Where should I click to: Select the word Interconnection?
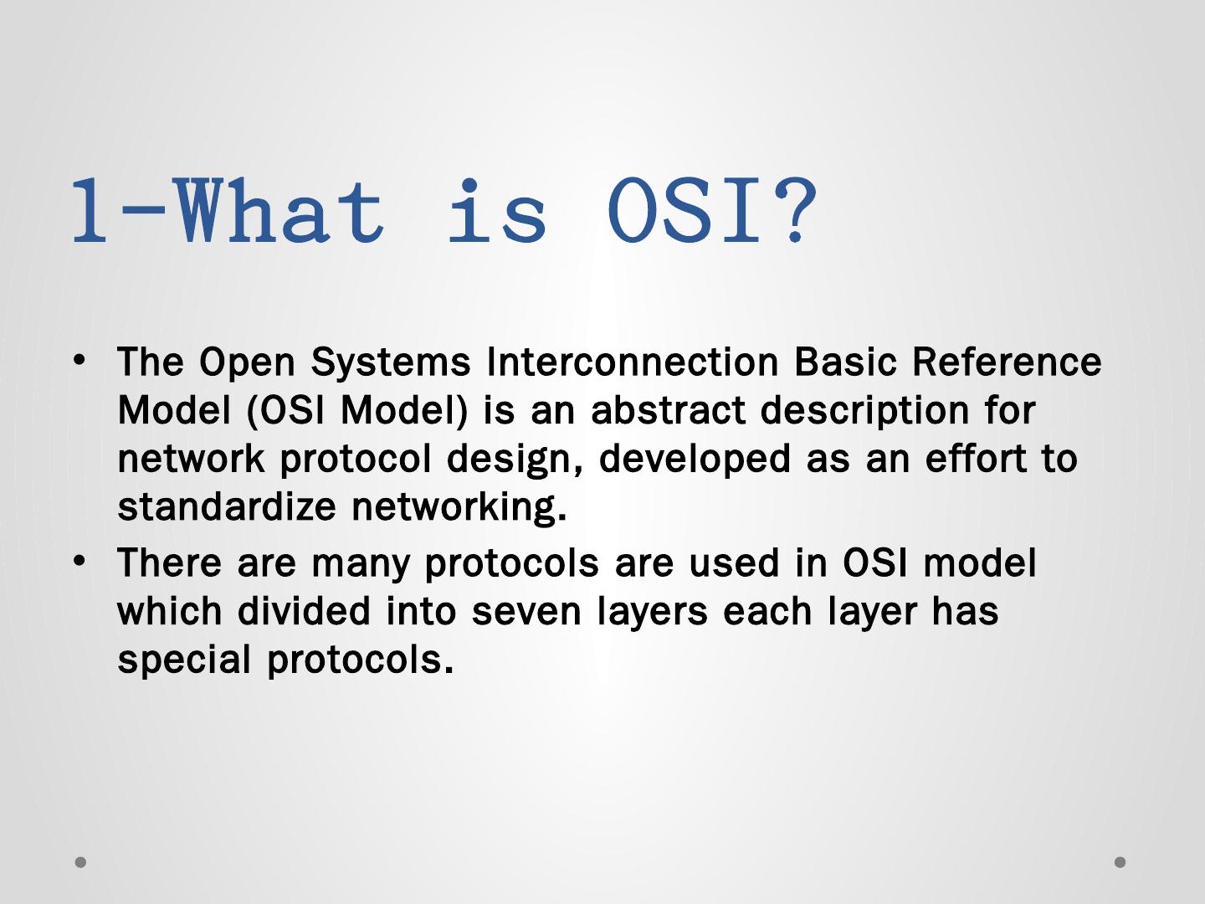[x=633, y=362]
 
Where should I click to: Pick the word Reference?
[x=1007, y=362]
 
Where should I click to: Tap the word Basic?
[x=845, y=362]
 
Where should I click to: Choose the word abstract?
[x=668, y=410]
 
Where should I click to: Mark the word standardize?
[x=227, y=506]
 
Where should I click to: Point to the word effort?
[x=976, y=459]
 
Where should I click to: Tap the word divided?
[x=304, y=610]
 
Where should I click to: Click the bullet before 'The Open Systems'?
[x=79, y=361]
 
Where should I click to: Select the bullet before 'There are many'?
[x=79, y=562]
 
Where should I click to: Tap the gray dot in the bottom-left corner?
[x=80, y=862]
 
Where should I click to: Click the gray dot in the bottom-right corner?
[x=1120, y=862]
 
